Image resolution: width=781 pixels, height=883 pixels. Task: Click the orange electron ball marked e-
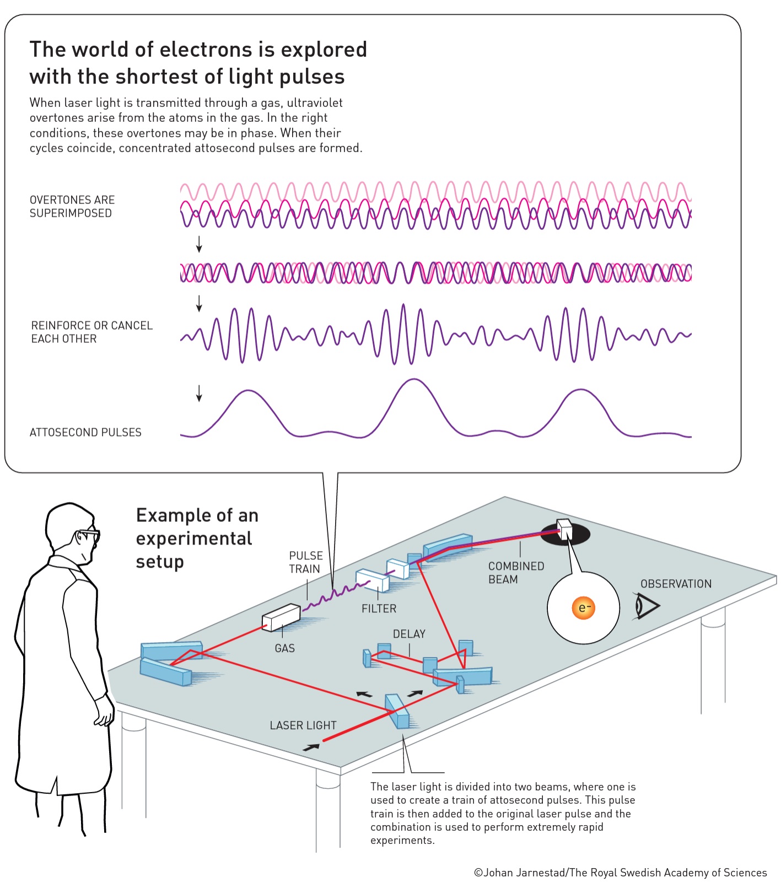[x=583, y=608]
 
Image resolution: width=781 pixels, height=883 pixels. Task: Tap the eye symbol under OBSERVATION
[x=647, y=606]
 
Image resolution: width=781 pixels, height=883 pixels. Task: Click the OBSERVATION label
[x=676, y=584]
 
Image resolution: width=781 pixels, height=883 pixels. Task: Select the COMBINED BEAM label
[x=516, y=573]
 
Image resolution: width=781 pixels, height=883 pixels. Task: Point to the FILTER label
[x=379, y=609]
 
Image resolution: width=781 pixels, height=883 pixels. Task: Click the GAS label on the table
[x=284, y=648]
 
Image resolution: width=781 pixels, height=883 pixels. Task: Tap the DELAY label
[x=409, y=634]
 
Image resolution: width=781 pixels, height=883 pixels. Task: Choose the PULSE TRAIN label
[x=306, y=562]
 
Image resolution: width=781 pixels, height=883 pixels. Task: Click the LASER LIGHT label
[x=303, y=725]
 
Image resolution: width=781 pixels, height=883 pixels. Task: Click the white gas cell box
[x=281, y=617]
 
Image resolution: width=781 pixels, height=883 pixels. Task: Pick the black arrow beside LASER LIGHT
[x=311, y=747]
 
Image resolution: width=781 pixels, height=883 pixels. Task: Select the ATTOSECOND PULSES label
[x=85, y=433]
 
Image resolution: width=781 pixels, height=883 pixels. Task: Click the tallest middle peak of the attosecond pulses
[x=413, y=380]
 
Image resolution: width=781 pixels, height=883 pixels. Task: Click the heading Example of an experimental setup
[x=197, y=538]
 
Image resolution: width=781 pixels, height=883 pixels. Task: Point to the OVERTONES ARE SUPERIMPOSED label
[x=72, y=207]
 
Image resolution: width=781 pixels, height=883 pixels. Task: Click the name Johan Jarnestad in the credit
[x=524, y=873]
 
